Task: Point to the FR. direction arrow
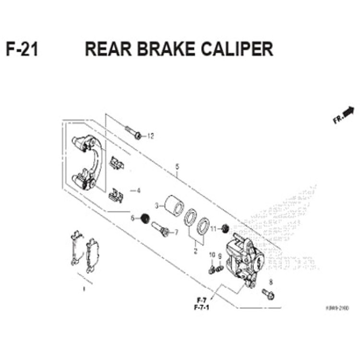[x=344, y=115]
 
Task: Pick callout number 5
[x=177, y=167]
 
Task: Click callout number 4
[x=139, y=191]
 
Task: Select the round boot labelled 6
[x=142, y=219]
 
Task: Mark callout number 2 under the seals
[x=195, y=250]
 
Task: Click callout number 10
[x=212, y=255]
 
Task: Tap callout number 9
[x=220, y=256]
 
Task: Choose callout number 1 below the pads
[x=84, y=289]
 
